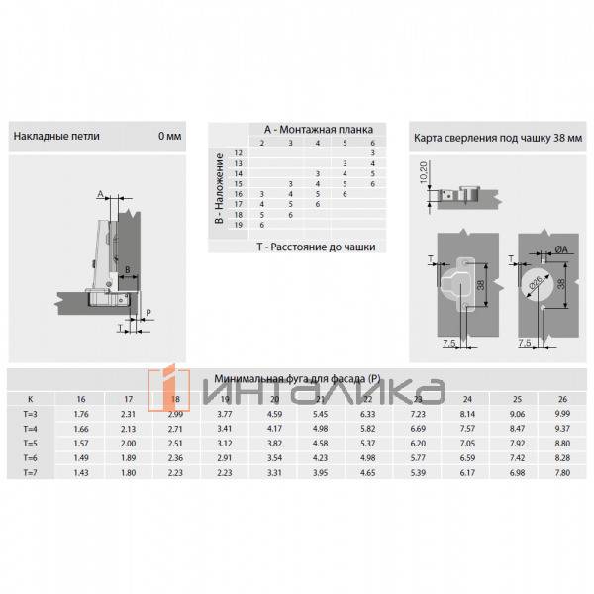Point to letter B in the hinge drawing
click(x=128, y=268)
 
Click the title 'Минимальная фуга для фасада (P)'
click(x=297, y=378)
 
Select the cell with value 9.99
click(x=561, y=413)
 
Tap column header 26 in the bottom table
click(x=561, y=398)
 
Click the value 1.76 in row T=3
click(x=82, y=413)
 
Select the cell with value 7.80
click(x=561, y=473)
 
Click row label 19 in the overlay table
click(x=238, y=225)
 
